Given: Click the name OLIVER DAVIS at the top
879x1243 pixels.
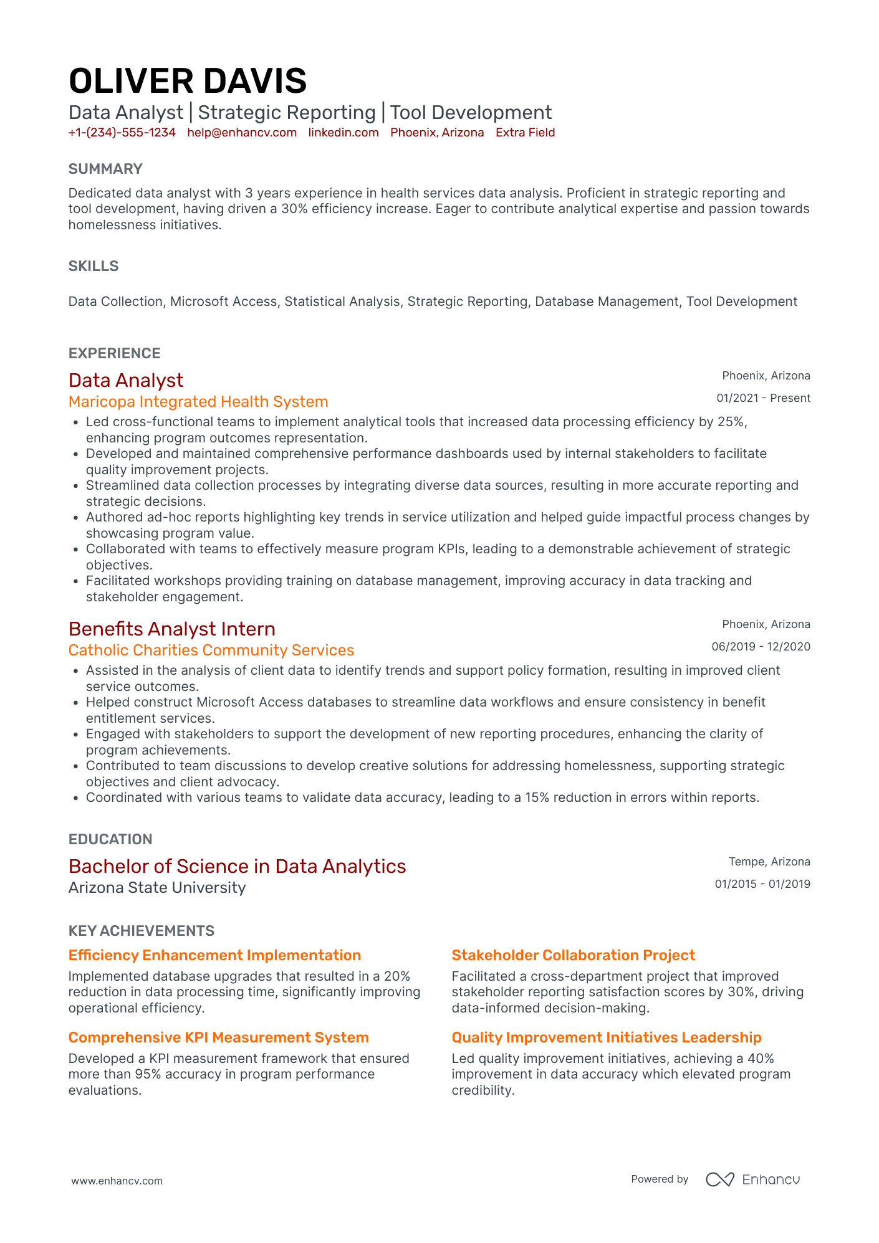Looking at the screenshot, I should [x=187, y=82].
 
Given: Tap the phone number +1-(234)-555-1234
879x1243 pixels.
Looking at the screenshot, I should [x=122, y=133].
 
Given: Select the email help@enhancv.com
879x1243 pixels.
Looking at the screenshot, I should [x=242, y=133].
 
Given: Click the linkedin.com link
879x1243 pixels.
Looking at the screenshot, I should [x=343, y=133].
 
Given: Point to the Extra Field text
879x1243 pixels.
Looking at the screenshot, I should [x=525, y=133].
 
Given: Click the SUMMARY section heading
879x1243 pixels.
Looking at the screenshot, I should [x=105, y=169].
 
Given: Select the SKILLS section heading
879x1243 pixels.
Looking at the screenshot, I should [x=94, y=266].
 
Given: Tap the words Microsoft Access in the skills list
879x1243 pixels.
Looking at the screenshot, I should [x=223, y=302].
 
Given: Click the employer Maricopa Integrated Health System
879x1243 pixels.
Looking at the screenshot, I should [x=198, y=402].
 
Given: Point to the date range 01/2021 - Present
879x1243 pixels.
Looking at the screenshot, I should [x=763, y=398].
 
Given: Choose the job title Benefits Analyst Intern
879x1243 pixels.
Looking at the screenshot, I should [x=172, y=629].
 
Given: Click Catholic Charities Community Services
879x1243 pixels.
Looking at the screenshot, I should [x=211, y=650].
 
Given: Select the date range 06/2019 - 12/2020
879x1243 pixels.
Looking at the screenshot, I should [x=761, y=647].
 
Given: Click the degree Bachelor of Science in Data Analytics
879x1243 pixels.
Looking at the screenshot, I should [x=237, y=866].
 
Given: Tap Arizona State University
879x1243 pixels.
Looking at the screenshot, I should [x=157, y=888].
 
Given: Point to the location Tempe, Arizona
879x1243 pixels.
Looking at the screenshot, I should [x=769, y=862].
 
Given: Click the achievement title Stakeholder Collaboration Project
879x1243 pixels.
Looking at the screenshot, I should [x=573, y=955].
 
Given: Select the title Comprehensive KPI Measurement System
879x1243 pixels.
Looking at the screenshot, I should [x=218, y=1037].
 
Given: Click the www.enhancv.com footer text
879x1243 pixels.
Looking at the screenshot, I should [x=117, y=1181].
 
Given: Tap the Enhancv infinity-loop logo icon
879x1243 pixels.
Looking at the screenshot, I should [x=720, y=1179].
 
